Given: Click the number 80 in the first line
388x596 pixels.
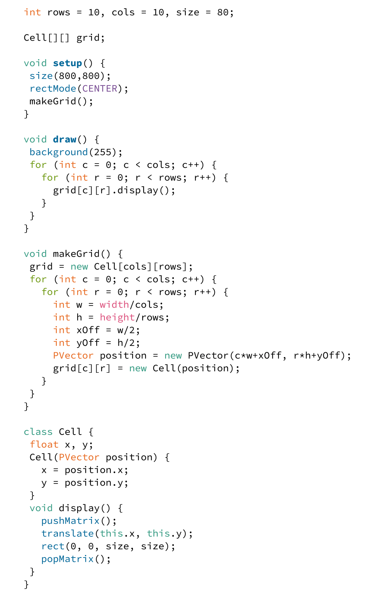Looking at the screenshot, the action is [x=223, y=13].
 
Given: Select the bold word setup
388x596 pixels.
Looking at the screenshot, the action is [x=68, y=63].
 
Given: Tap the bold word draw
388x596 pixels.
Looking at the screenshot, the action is [x=65, y=139].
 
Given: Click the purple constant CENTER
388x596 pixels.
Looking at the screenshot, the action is [x=100, y=88].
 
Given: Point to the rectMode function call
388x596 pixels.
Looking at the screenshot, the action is [x=53, y=88].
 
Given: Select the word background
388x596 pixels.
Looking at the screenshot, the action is [x=59, y=152].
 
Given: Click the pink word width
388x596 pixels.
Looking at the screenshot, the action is [x=114, y=305].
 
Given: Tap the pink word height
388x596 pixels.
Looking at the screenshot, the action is [x=117, y=318].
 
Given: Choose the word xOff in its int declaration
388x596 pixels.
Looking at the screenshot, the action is [x=88, y=330].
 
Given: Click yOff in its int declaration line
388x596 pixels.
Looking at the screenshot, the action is [x=88, y=343].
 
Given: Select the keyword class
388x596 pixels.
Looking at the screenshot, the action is [x=38, y=432].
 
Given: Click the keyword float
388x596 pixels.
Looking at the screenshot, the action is [x=44, y=445].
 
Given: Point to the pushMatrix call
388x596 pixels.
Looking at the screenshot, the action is [x=70, y=521].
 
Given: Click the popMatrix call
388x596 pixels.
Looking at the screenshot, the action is [x=68, y=559].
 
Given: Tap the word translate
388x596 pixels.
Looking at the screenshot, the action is [x=68, y=533].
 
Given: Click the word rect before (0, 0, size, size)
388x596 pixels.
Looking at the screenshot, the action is [x=53, y=546].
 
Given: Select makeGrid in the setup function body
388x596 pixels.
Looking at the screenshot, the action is [x=53, y=101].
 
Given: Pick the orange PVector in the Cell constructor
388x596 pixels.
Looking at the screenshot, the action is [x=79, y=457].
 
